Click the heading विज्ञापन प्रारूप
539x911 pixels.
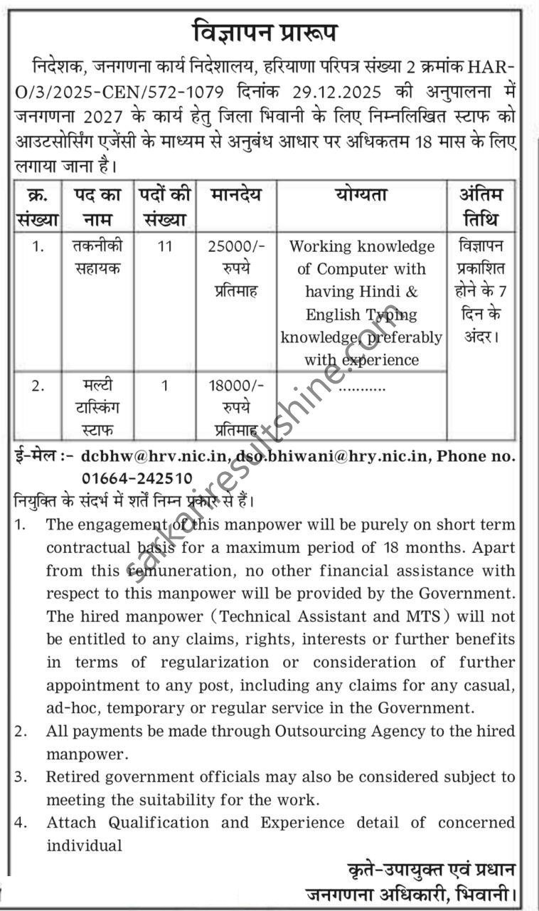265,33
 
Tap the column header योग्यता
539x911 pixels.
361,195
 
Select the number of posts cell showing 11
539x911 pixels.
165,246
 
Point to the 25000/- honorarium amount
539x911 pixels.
236,246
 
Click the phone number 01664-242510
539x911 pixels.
137,478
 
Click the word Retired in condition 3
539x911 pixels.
73,776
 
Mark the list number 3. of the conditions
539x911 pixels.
21,776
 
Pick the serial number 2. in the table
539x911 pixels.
38,386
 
